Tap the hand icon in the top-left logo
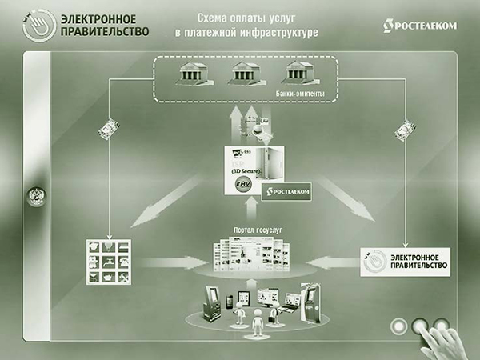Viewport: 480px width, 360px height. [x=32, y=23]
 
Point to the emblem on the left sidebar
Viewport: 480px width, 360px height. [x=35, y=198]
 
